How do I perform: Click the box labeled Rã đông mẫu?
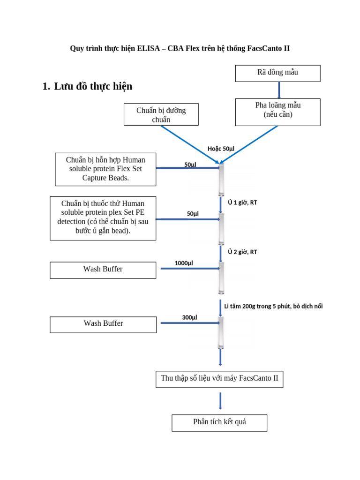point(277,73)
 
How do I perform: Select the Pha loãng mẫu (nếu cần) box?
point(277,112)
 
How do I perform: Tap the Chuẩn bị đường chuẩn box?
point(161,114)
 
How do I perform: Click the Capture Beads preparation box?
point(105,169)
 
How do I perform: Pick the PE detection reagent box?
point(103,218)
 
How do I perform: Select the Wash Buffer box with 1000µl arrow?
point(103,270)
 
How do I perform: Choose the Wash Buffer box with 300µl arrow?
point(103,324)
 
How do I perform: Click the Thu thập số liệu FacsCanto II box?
point(219,379)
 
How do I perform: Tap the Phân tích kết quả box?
point(219,422)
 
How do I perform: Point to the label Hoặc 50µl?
point(221,149)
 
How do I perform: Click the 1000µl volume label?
point(184,263)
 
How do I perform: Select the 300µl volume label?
point(189,317)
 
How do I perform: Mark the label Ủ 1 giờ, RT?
point(242,202)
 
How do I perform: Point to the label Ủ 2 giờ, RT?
point(242,252)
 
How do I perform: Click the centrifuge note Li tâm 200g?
point(273,306)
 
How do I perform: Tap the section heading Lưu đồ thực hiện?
point(93,86)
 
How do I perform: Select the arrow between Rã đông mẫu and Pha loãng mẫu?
point(279,90)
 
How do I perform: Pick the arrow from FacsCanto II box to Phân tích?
point(220,401)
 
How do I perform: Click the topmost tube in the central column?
point(221,179)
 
